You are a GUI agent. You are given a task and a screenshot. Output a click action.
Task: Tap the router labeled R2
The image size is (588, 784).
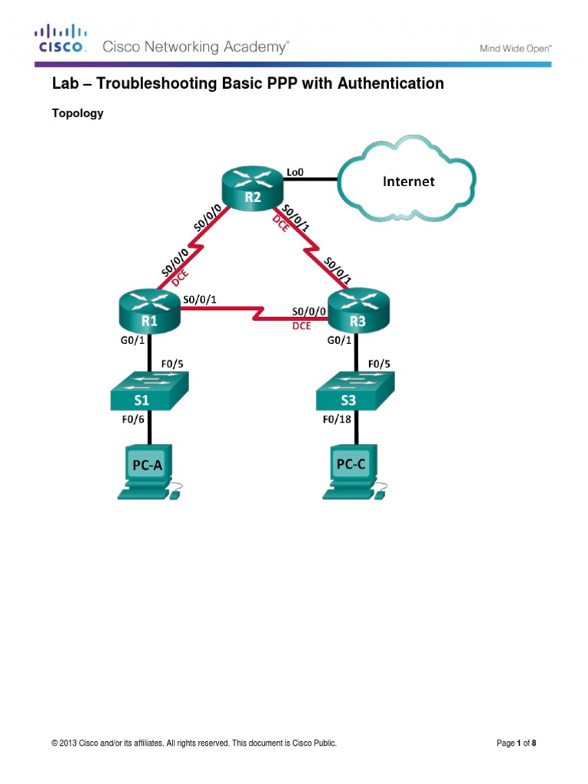point(252,188)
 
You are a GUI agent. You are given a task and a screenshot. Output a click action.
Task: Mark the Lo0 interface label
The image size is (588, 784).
point(295,172)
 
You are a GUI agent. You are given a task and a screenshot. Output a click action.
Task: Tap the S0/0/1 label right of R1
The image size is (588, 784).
point(199,300)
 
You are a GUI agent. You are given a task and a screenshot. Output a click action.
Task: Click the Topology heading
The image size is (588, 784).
point(77,113)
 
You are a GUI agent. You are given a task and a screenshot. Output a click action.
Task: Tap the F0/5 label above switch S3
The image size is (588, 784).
point(380,364)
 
